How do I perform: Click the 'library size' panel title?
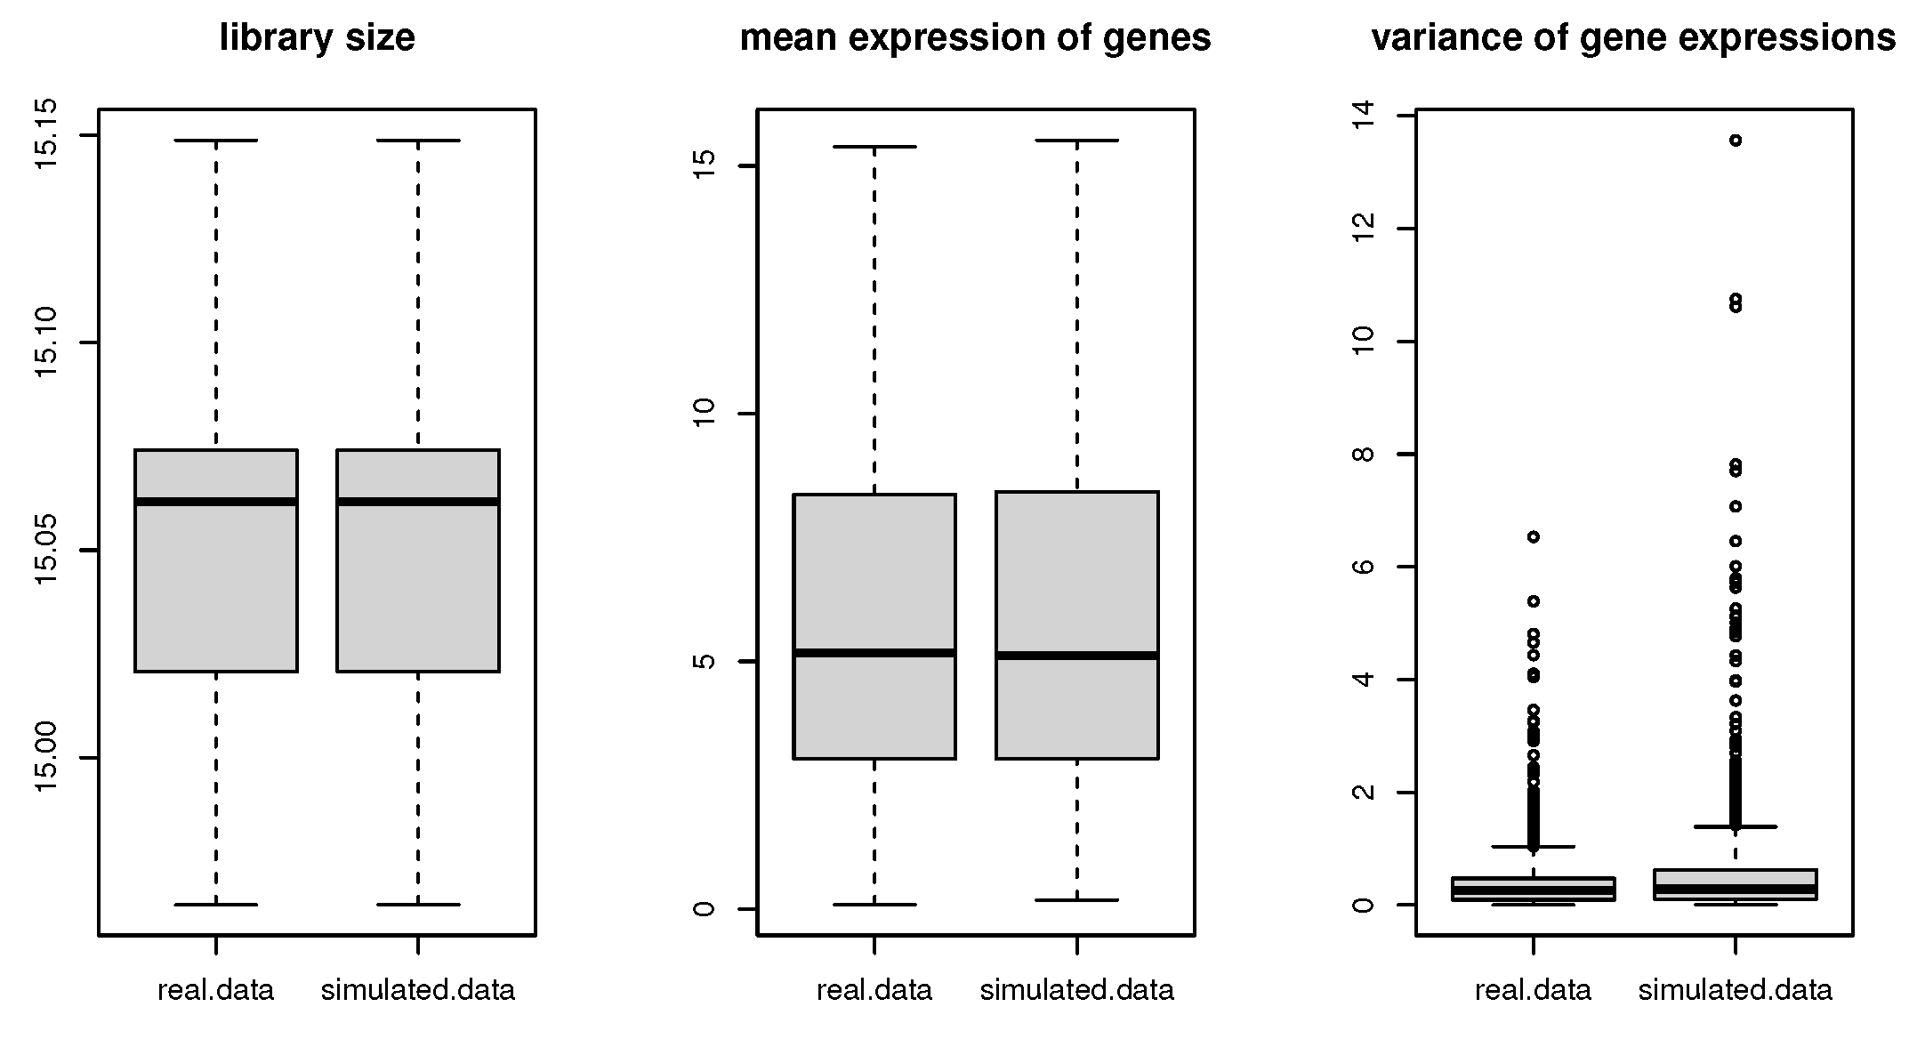317,38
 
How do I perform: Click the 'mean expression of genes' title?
975,38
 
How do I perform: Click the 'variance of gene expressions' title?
1633,38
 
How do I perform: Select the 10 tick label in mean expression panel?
704,413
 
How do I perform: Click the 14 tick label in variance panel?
1362,116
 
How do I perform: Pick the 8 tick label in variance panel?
1362,454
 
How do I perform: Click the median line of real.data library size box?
216,502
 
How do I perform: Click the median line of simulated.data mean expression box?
1076,656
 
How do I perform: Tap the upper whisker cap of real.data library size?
216,141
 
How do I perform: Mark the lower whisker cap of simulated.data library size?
418,905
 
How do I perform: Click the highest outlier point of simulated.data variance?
1735,140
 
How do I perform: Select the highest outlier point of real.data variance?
1534,536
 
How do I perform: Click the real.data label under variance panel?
1533,990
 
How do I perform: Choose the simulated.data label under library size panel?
418,990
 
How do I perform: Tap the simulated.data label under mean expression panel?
1076,990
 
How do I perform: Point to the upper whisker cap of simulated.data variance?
1735,826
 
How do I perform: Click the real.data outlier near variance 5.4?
1534,601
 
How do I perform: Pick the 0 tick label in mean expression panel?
704,908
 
